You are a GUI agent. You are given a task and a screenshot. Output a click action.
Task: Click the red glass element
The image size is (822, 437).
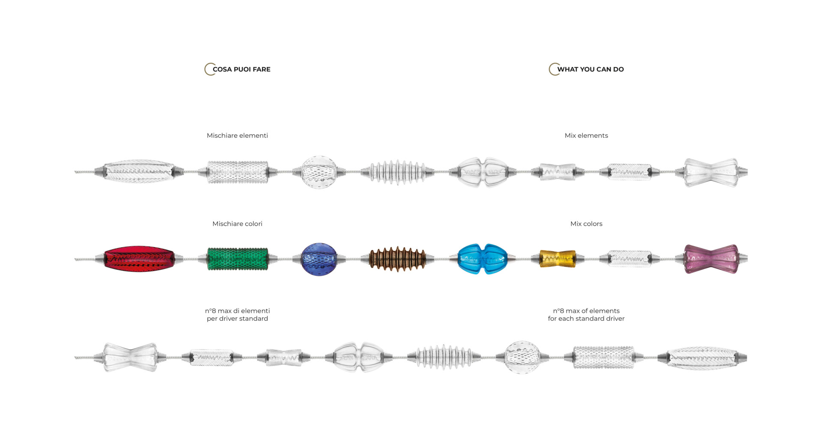pos(139,259)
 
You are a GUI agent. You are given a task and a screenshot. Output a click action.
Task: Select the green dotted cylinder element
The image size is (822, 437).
pos(238,259)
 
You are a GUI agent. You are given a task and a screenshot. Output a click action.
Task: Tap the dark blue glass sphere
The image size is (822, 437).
pos(319,259)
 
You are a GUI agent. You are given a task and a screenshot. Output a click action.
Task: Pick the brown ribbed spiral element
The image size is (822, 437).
pos(397,259)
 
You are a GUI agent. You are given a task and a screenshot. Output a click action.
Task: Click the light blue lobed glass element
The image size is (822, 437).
pos(482,259)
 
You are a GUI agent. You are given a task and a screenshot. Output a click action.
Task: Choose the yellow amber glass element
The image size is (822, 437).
pos(557,259)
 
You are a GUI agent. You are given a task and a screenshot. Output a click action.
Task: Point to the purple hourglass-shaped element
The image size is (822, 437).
pos(711,259)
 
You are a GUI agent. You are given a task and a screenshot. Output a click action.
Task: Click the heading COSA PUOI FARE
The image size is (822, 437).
pos(241,69)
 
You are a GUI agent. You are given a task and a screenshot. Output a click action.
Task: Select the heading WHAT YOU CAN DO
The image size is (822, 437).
pos(590,69)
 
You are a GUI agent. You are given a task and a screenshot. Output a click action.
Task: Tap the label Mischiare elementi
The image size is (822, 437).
pos(237,136)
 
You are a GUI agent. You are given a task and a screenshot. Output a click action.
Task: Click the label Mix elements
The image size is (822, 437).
pos(586,136)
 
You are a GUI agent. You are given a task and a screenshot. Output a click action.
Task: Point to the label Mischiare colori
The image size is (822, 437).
pos(237,224)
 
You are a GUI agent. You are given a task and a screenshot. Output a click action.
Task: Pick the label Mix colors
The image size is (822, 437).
pos(586,224)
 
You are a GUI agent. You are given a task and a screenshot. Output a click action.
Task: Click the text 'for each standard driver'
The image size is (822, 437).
pos(586,319)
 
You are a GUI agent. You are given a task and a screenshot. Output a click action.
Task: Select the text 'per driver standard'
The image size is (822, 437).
pos(237,319)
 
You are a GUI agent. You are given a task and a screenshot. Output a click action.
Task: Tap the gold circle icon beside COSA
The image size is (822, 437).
pos(209,69)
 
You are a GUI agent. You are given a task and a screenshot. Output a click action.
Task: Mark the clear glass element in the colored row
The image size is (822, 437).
pos(629,259)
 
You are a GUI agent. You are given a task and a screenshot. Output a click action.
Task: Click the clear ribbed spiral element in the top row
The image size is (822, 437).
pos(397,172)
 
